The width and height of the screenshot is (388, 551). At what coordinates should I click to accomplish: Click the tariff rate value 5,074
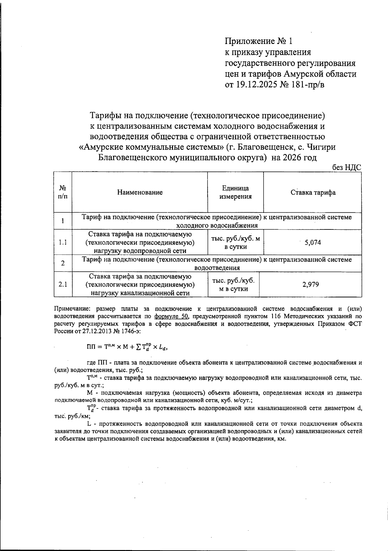pos(313,243)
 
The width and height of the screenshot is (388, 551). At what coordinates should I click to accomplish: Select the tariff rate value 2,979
pos(310,285)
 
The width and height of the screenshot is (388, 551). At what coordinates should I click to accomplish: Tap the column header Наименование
pos(140,193)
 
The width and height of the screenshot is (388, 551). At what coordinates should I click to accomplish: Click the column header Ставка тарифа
pos(313,193)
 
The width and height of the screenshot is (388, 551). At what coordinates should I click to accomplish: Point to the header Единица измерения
pos(235,193)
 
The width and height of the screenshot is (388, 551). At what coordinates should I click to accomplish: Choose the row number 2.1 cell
pos(63,285)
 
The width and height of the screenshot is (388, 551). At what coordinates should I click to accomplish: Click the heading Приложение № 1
pos(259,41)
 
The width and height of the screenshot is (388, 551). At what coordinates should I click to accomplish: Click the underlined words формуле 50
pos(171,316)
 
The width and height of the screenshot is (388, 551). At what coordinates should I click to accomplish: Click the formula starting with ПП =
pos(128,347)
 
